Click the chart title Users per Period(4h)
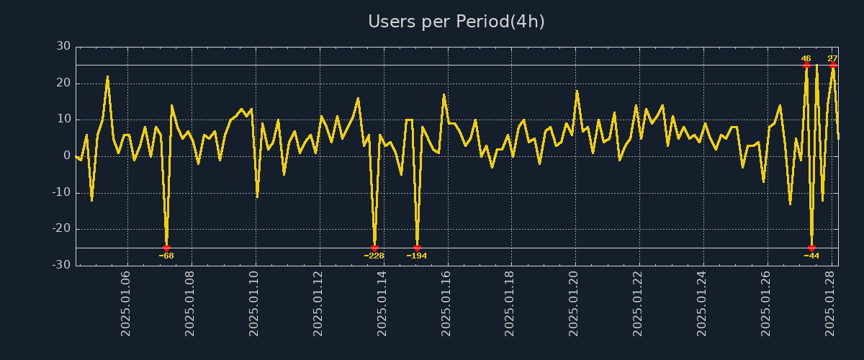tap(456, 22)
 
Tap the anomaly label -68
tap(166, 256)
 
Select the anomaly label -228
tap(374, 256)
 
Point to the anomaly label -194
tap(417, 256)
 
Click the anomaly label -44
tap(811, 256)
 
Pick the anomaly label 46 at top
tap(806, 58)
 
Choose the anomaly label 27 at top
tap(832, 58)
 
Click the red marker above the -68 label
tap(166, 248)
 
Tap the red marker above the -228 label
tap(374, 248)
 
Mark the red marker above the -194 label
tap(417, 248)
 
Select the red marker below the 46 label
tap(806, 65)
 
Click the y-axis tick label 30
tap(63, 46)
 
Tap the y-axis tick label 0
tap(67, 156)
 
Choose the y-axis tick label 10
tap(63, 119)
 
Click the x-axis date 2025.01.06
tap(127, 303)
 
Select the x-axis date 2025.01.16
tap(446, 303)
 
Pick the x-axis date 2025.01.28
tap(829, 303)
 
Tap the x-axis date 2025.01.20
tap(574, 303)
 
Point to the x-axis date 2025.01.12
tap(319, 303)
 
